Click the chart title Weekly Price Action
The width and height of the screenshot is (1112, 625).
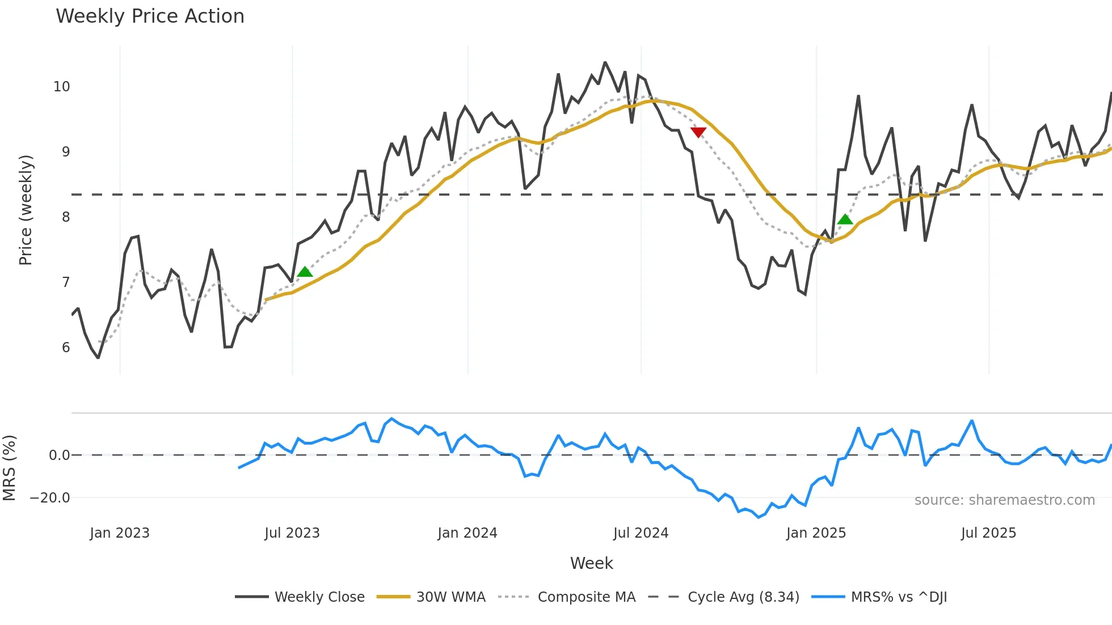tap(150, 16)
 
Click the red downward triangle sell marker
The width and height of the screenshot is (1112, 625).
tap(698, 132)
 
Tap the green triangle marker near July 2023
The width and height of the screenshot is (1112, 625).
tap(305, 272)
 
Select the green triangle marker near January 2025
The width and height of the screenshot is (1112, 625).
tap(845, 219)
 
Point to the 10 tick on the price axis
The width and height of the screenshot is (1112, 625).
tap(62, 87)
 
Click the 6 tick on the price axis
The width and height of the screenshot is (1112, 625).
tap(66, 348)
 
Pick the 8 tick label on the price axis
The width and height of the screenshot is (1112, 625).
tap(66, 217)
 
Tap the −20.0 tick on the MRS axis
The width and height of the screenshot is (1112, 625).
tap(50, 498)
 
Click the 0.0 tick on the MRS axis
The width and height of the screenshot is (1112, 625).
tap(59, 455)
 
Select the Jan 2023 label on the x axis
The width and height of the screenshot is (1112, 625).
tap(120, 533)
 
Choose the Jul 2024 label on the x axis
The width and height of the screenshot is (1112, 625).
tap(641, 533)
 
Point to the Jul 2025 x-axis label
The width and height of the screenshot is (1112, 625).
tap(988, 533)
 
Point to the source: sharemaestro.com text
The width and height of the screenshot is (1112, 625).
tap(1004, 500)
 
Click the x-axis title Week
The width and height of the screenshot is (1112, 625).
tap(591, 563)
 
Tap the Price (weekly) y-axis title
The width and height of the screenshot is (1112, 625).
tap(26, 210)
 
